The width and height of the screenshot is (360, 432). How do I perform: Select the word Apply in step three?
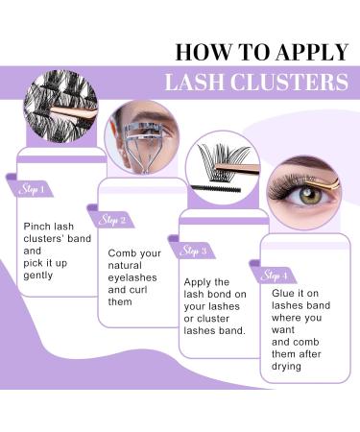pos(198,282)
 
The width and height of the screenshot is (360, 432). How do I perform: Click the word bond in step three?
pos(223,296)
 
